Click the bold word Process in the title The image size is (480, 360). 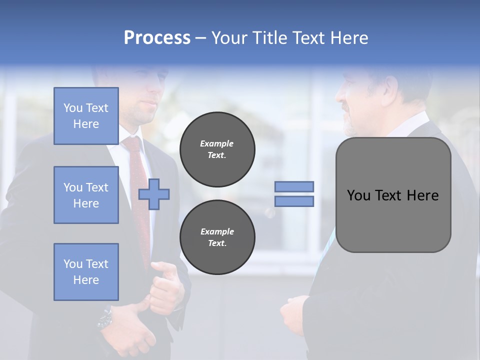(x=157, y=38)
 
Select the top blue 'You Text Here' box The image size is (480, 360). (x=86, y=116)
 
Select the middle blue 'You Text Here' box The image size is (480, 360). (x=86, y=195)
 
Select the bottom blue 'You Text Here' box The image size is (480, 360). (x=86, y=271)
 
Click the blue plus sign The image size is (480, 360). (x=154, y=194)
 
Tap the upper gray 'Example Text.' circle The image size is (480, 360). (x=217, y=149)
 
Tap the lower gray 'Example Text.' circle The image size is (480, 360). (x=217, y=237)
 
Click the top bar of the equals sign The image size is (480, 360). (x=294, y=186)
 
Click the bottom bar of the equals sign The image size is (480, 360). (x=294, y=201)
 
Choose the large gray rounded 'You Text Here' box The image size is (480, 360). (x=393, y=195)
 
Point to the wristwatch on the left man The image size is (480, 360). (x=105, y=317)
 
